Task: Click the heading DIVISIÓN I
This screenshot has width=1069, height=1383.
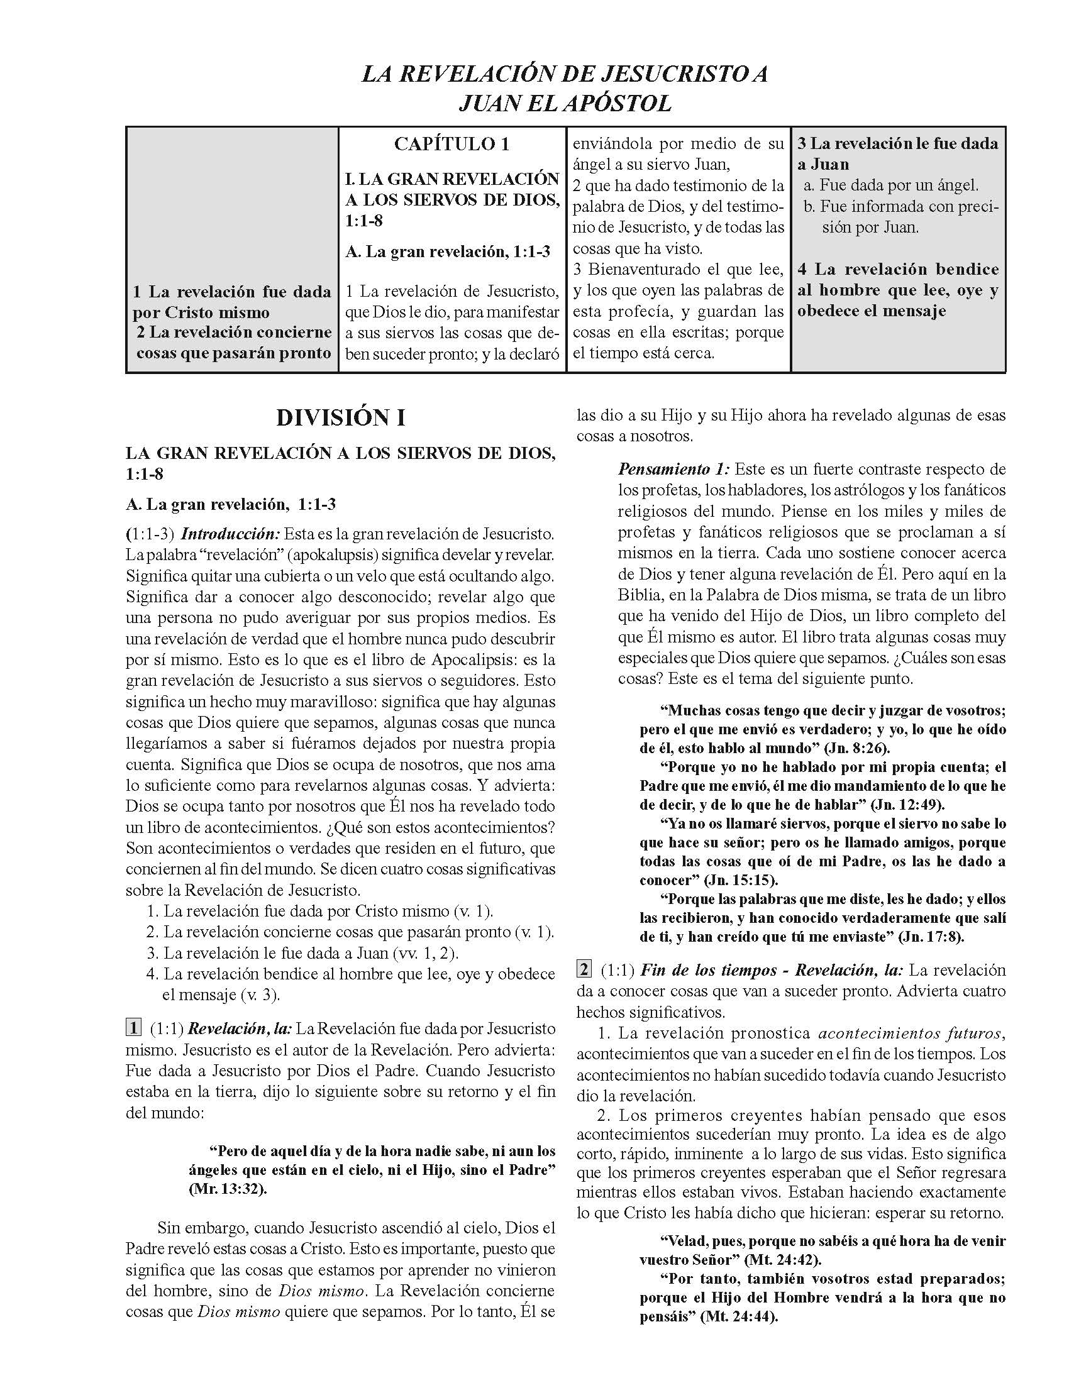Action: coord(341,419)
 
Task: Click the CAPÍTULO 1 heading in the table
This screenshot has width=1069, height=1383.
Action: coord(451,145)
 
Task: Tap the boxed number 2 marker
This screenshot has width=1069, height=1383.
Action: coord(584,969)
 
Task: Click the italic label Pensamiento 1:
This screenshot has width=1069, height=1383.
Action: coord(674,470)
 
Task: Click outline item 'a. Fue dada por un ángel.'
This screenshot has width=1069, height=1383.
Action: coord(890,185)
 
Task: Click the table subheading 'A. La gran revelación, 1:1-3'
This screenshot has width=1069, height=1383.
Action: coord(448,251)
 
